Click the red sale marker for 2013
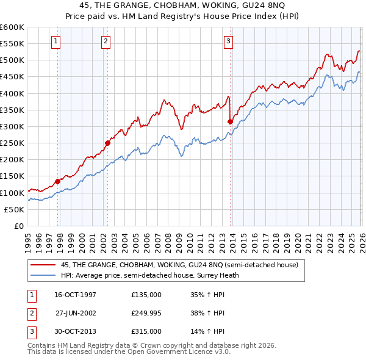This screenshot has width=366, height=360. tap(230, 121)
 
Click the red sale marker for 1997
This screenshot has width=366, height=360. tap(58, 181)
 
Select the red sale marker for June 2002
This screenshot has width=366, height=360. tap(107, 143)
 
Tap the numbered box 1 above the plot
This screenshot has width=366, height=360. tap(56, 41)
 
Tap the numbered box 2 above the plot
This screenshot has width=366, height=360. tap(106, 41)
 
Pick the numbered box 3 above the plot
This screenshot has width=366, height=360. tap(228, 41)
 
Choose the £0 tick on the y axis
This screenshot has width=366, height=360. tap(18, 226)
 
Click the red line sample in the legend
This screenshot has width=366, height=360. tap(43, 265)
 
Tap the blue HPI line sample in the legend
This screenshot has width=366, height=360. tap(43, 275)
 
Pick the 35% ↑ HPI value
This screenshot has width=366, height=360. tap(208, 295)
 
